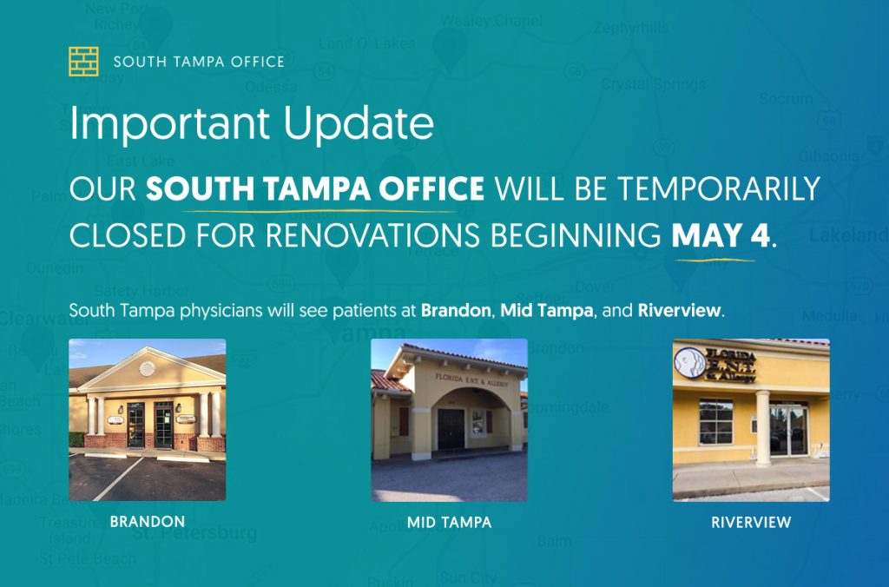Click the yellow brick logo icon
click(x=83, y=62)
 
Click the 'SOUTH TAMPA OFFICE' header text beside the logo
click(x=199, y=62)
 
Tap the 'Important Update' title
click(x=252, y=125)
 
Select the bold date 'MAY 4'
click(x=721, y=236)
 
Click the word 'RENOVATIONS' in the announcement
click(x=417, y=236)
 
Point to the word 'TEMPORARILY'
click(x=729, y=188)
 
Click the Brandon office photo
click(x=148, y=419)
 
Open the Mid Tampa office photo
click(x=449, y=419)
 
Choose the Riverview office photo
click(x=751, y=419)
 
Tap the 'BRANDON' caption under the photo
click(x=148, y=522)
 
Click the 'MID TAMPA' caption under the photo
click(x=449, y=523)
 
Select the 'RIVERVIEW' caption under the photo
click(x=751, y=523)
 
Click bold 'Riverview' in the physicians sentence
click(x=679, y=310)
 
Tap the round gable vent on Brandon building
click(x=147, y=368)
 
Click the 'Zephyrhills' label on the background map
click(x=632, y=28)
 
